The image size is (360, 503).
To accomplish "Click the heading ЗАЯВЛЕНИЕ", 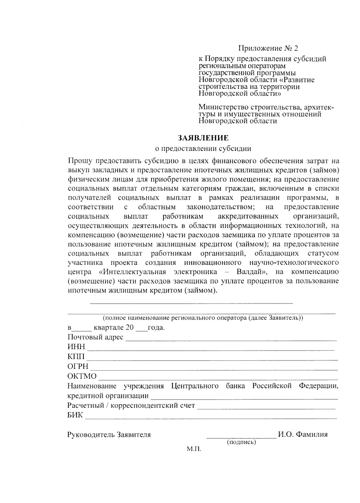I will coord(203,138).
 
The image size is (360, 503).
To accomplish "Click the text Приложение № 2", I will coord(268,48).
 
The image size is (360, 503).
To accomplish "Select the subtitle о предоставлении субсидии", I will coord(203,148).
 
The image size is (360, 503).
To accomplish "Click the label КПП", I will coord(76,357).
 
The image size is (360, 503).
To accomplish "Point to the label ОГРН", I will coord(78,366).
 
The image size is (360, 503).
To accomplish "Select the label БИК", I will coord(75,415).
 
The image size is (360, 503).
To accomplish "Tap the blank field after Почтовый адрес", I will coord(231,340).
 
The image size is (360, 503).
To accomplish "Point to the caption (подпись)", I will coord(241,442).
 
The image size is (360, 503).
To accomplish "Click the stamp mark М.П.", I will coord(193,449).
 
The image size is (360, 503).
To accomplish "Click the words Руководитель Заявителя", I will coord(109,435).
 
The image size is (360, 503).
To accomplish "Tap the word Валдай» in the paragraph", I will coord(252,272).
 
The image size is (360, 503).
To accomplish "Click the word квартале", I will coord(109,327).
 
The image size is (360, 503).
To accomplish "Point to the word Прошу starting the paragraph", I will coord(80,161).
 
